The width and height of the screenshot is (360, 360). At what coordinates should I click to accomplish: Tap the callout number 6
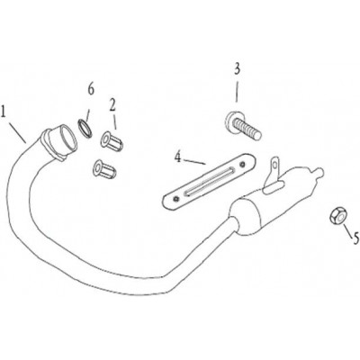[91, 89]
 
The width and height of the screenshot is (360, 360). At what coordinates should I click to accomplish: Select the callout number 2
[112, 104]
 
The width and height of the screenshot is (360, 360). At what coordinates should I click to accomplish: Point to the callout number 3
[237, 69]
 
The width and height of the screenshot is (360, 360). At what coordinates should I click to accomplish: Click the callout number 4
[178, 157]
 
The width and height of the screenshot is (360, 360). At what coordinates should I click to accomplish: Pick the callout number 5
[355, 238]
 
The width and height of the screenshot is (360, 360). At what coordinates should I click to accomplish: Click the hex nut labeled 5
[338, 216]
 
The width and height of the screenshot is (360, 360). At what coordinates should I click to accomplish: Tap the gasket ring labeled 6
[85, 129]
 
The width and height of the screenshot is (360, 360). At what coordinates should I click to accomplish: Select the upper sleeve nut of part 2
[112, 141]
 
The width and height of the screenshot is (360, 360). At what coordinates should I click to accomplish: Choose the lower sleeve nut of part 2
[104, 168]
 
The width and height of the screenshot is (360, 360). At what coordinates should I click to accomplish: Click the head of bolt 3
[232, 121]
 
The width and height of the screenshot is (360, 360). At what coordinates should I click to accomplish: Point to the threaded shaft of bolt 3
[249, 130]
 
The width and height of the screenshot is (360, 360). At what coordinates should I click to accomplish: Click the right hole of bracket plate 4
[242, 164]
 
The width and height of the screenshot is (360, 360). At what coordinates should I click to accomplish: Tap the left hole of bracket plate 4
[176, 199]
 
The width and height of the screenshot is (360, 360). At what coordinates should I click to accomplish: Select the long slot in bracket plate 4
[210, 182]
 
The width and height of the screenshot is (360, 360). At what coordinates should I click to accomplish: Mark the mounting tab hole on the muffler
[274, 163]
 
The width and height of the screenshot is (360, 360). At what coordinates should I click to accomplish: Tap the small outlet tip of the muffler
[319, 173]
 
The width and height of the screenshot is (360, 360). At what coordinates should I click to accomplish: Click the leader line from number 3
[237, 93]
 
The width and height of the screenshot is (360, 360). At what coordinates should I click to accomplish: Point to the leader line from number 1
[17, 132]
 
